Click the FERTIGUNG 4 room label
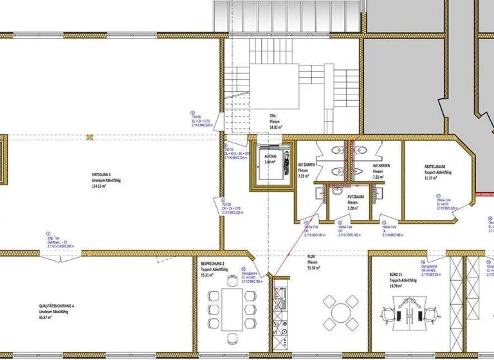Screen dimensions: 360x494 [101, 175]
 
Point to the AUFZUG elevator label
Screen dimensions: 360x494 [270, 156]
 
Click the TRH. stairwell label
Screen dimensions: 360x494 [273, 117]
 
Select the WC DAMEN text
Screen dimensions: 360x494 [304, 166]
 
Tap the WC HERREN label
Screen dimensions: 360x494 [382, 166]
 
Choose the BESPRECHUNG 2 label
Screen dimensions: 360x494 [212, 264]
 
